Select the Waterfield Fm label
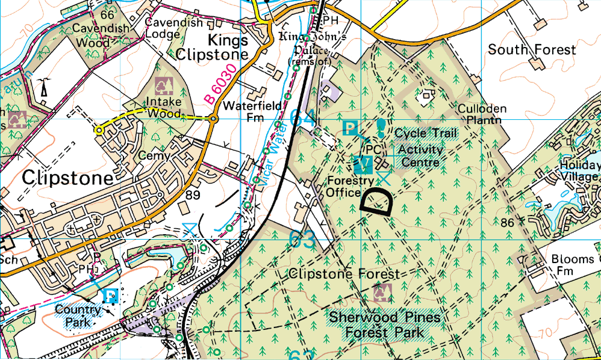pyautogui.click(x=252, y=111)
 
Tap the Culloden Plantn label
pyautogui.click(x=482, y=114)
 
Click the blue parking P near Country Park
pyautogui.click(x=111, y=294)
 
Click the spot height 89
pyautogui.click(x=193, y=195)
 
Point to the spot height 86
pyautogui.click(x=507, y=223)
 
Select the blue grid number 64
pyautogui.click(x=302, y=118)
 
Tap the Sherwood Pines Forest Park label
pyautogui.click(x=385, y=324)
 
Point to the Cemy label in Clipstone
pyautogui.click(x=151, y=155)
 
